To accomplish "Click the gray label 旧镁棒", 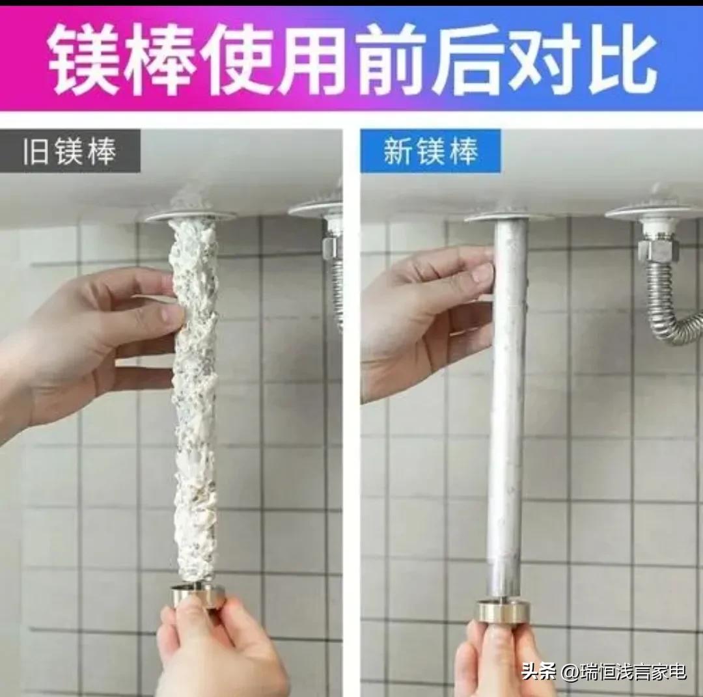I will click(70, 151).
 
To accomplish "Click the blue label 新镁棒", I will click(430, 151).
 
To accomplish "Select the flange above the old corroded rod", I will click(190, 214).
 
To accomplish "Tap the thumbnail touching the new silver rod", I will click(482, 273).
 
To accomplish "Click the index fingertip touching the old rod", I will click(173, 316).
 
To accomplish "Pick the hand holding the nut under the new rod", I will click(501, 661).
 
